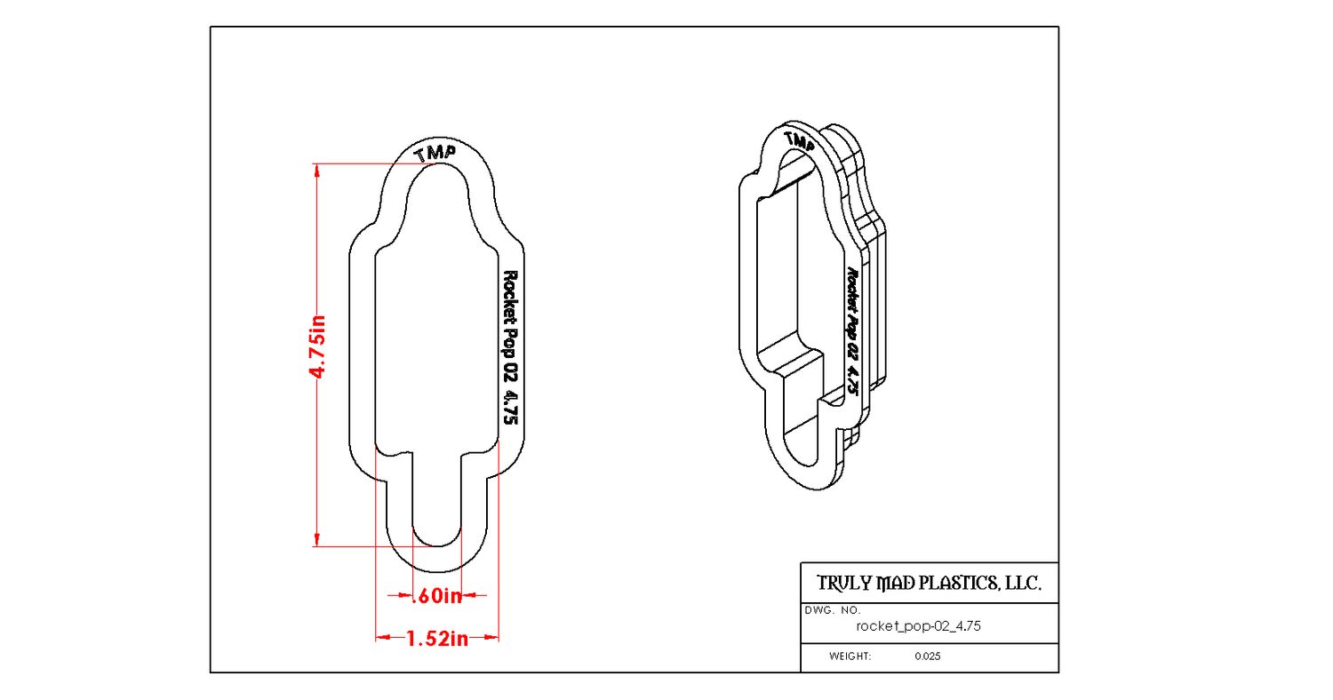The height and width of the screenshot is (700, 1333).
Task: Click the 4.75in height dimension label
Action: [x=317, y=346]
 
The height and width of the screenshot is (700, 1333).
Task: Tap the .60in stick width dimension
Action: [x=437, y=595]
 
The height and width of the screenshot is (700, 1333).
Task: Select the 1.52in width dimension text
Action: [x=437, y=639]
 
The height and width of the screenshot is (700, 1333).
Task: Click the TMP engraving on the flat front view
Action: [x=435, y=154]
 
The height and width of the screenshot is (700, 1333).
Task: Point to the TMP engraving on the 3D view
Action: [x=799, y=141]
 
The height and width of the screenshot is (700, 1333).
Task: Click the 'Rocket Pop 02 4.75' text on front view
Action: [x=511, y=347]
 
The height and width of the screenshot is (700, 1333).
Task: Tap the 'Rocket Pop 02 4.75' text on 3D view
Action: [x=852, y=330]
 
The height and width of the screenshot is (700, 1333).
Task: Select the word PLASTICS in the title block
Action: [x=959, y=584]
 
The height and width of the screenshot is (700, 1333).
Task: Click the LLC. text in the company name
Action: [x=1024, y=584]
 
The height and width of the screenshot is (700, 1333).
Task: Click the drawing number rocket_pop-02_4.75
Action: [x=918, y=626]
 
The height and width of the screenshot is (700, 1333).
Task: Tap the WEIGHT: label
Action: [x=850, y=656]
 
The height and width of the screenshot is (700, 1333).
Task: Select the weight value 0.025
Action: [x=928, y=656]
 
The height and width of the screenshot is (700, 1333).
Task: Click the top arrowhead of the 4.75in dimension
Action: [x=316, y=171]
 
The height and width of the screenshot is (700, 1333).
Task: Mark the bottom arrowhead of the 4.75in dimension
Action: [x=316, y=539]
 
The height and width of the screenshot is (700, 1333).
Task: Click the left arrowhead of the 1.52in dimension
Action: [x=383, y=638]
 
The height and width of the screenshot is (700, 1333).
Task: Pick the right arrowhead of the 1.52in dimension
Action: [x=491, y=638]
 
